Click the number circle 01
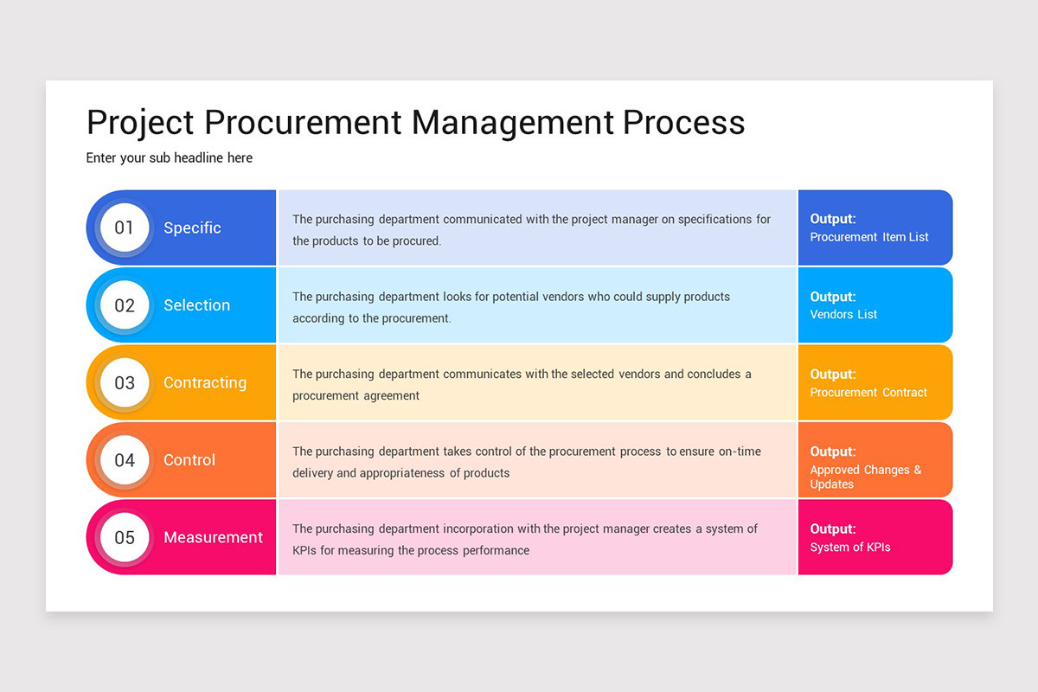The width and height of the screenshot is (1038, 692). coord(125,227)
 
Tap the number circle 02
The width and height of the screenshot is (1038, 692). coord(125,305)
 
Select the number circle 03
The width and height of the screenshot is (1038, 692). coord(125,382)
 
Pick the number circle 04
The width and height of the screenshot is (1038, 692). coord(125,460)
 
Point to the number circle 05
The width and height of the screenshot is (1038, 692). coord(125,537)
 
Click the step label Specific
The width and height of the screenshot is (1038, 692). coord(192,227)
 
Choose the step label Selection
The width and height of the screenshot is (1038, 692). coord(196,305)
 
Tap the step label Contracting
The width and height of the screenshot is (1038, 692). coord(205,382)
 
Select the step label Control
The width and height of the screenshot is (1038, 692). coord(189,460)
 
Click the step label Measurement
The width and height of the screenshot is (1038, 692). coord(213,537)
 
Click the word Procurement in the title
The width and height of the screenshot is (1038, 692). coord(304,122)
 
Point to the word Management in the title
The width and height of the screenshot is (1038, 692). coord(514,122)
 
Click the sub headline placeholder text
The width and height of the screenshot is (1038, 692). coord(170,157)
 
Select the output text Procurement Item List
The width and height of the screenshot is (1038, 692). coord(869,237)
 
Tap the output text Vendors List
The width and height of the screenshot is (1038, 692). coord(843,315)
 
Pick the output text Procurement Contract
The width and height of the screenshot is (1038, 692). coord(868,393)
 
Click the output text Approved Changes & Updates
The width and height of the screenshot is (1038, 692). coord(865,477)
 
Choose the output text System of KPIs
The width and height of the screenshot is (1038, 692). coord(850,548)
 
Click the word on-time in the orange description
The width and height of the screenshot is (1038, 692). coord(740,452)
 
